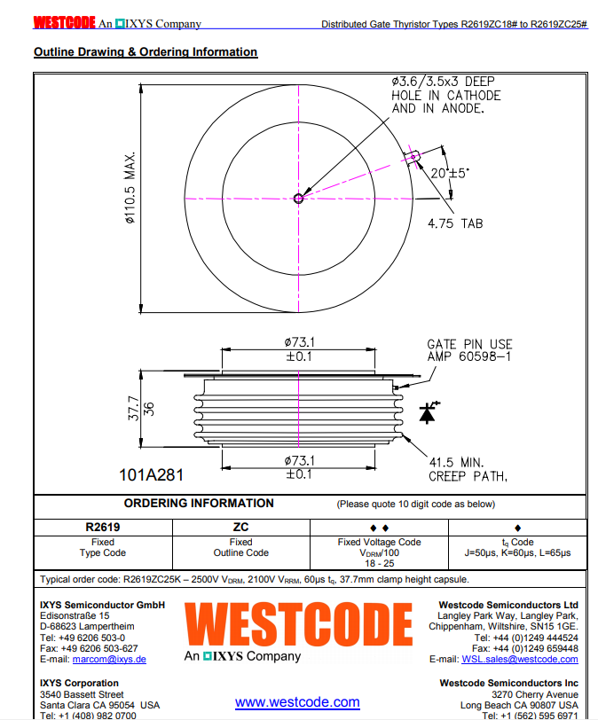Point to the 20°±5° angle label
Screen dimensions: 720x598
click(450, 174)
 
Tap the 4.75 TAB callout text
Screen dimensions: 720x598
click(454, 223)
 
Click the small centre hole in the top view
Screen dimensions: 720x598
click(299, 199)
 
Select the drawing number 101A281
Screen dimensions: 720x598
click(151, 475)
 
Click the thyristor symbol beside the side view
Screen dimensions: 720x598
click(428, 412)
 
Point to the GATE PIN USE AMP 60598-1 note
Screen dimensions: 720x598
click(469, 350)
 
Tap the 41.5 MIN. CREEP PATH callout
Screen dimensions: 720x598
click(468, 469)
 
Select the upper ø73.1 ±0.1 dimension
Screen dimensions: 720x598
click(299, 348)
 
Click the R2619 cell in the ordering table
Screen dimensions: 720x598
click(102, 526)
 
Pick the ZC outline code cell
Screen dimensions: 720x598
click(240, 526)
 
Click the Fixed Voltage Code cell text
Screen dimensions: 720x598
click(379, 547)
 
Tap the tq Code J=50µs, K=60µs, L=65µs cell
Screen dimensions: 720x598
click(517, 547)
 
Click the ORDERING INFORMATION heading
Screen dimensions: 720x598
click(199, 503)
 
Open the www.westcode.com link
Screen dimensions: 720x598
click(297, 702)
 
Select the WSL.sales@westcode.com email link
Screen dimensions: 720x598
click(519, 659)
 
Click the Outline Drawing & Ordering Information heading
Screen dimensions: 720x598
click(146, 52)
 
